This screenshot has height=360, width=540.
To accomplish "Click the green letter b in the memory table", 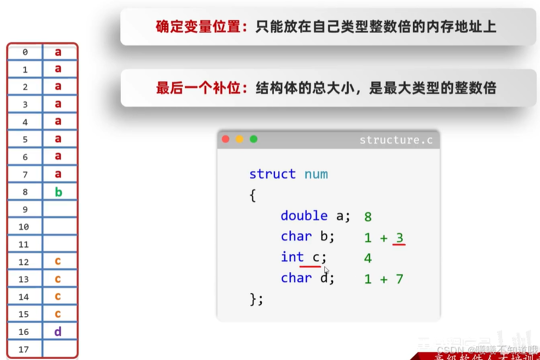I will pyautogui.click(x=58, y=192).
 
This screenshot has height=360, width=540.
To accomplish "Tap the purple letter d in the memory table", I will pyautogui.click(x=58, y=332).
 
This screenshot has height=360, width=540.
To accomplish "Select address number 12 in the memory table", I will pyautogui.click(x=24, y=262).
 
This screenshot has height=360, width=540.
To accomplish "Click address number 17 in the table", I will pyautogui.click(x=24, y=350).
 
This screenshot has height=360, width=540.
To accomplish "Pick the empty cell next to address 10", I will pyautogui.click(x=59, y=227).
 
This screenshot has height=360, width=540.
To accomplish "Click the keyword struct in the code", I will pyautogui.click(x=272, y=175).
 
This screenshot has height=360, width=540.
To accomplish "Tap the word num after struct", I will pyautogui.click(x=316, y=175).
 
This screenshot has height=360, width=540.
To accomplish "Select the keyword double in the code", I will pyautogui.click(x=304, y=216).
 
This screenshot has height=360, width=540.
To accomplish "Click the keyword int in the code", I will pyautogui.click(x=292, y=257).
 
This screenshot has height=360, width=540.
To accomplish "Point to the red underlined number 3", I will pyautogui.click(x=400, y=238).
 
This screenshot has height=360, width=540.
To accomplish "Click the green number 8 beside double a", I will pyautogui.click(x=368, y=217).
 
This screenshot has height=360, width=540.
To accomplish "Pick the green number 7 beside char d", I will pyautogui.click(x=400, y=279).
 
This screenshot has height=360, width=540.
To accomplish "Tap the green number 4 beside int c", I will pyautogui.click(x=368, y=258).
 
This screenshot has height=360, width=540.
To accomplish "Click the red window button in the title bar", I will pyautogui.click(x=226, y=139).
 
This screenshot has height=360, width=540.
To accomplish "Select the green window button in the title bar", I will pyautogui.click(x=254, y=139).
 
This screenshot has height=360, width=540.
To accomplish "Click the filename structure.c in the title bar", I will pyautogui.click(x=396, y=140).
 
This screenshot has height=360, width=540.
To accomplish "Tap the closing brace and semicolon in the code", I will pyautogui.click(x=257, y=299).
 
